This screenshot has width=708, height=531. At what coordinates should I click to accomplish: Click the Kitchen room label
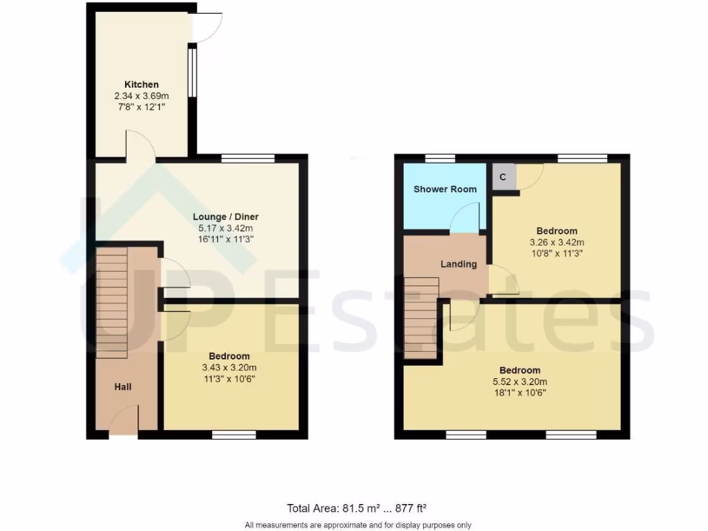coord(141,84)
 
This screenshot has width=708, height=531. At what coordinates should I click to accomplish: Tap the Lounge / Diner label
coord(225,216)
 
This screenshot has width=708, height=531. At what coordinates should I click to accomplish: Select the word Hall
coord(123,387)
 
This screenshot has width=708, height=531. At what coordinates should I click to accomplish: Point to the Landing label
coord(459,264)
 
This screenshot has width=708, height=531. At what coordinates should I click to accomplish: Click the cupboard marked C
coord(503,177)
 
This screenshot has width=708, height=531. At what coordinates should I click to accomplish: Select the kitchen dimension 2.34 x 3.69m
coord(141,96)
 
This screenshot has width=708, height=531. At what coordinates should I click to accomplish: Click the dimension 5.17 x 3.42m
coord(225,227)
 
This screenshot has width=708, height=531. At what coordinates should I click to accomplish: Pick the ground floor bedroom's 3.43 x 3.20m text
coord(230,368)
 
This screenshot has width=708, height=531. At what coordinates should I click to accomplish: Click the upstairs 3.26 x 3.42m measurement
coord(557,242)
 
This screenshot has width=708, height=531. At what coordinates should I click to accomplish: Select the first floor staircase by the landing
coord(421,317)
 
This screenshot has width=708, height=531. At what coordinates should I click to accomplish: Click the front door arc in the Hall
coord(124,420)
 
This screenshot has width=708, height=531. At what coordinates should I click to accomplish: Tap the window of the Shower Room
coord(435,158)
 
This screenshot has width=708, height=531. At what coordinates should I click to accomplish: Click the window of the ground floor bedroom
coord(234,434)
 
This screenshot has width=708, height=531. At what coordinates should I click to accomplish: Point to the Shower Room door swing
coord(465,218)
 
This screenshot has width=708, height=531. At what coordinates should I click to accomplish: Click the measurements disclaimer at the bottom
coord(357,525)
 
